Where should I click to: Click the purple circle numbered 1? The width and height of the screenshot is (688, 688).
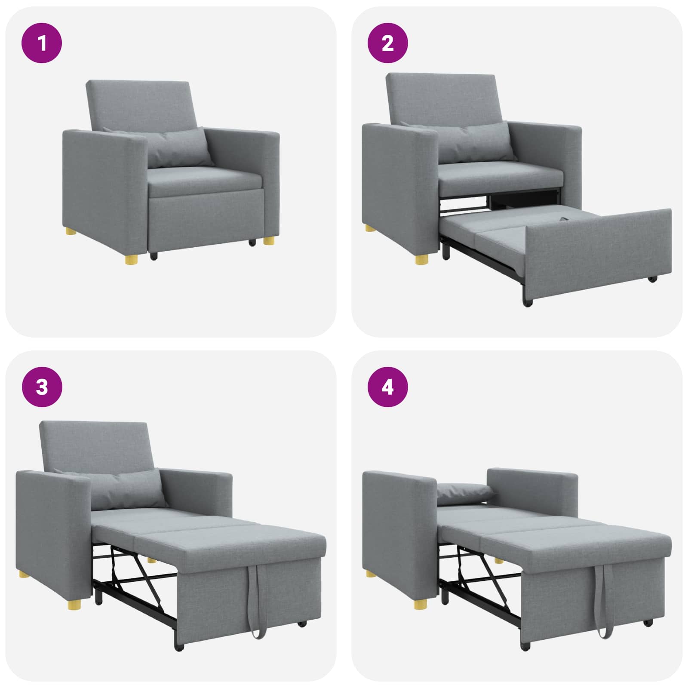[42, 43]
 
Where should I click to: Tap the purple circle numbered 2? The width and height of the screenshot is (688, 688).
[387, 43]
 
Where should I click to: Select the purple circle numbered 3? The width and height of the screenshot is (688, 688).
[42, 387]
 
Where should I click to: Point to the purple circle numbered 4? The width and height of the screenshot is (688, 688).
[387, 387]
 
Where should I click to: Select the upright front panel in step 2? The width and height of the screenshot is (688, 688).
[598, 254]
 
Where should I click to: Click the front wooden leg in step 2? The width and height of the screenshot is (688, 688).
[422, 258]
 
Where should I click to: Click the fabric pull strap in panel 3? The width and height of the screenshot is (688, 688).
[257, 602]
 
